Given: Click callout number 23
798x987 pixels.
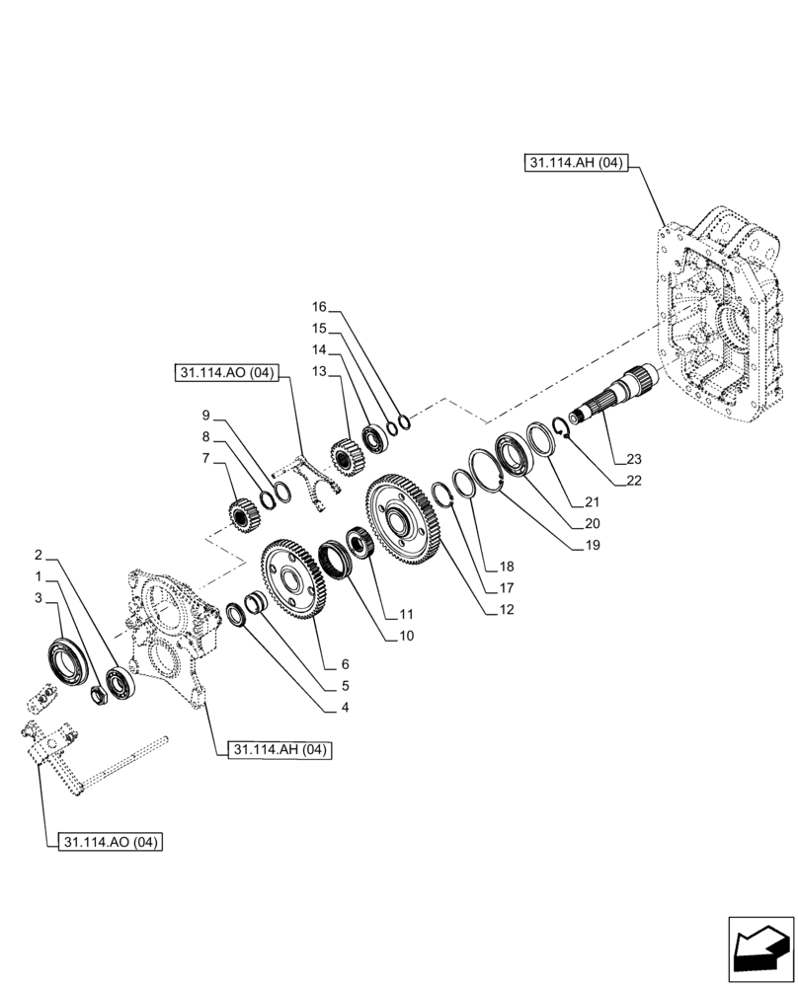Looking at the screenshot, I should [x=633, y=458].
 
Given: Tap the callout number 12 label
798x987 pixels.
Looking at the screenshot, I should [x=507, y=609].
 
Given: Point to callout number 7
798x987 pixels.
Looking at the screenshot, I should [x=204, y=457].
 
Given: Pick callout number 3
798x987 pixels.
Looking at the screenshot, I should [x=38, y=598].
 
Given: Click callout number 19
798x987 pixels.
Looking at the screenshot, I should [x=591, y=545].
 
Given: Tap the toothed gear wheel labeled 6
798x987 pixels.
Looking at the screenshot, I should [x=293, y=580].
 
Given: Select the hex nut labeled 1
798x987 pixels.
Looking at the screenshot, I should [x=100, y=694].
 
